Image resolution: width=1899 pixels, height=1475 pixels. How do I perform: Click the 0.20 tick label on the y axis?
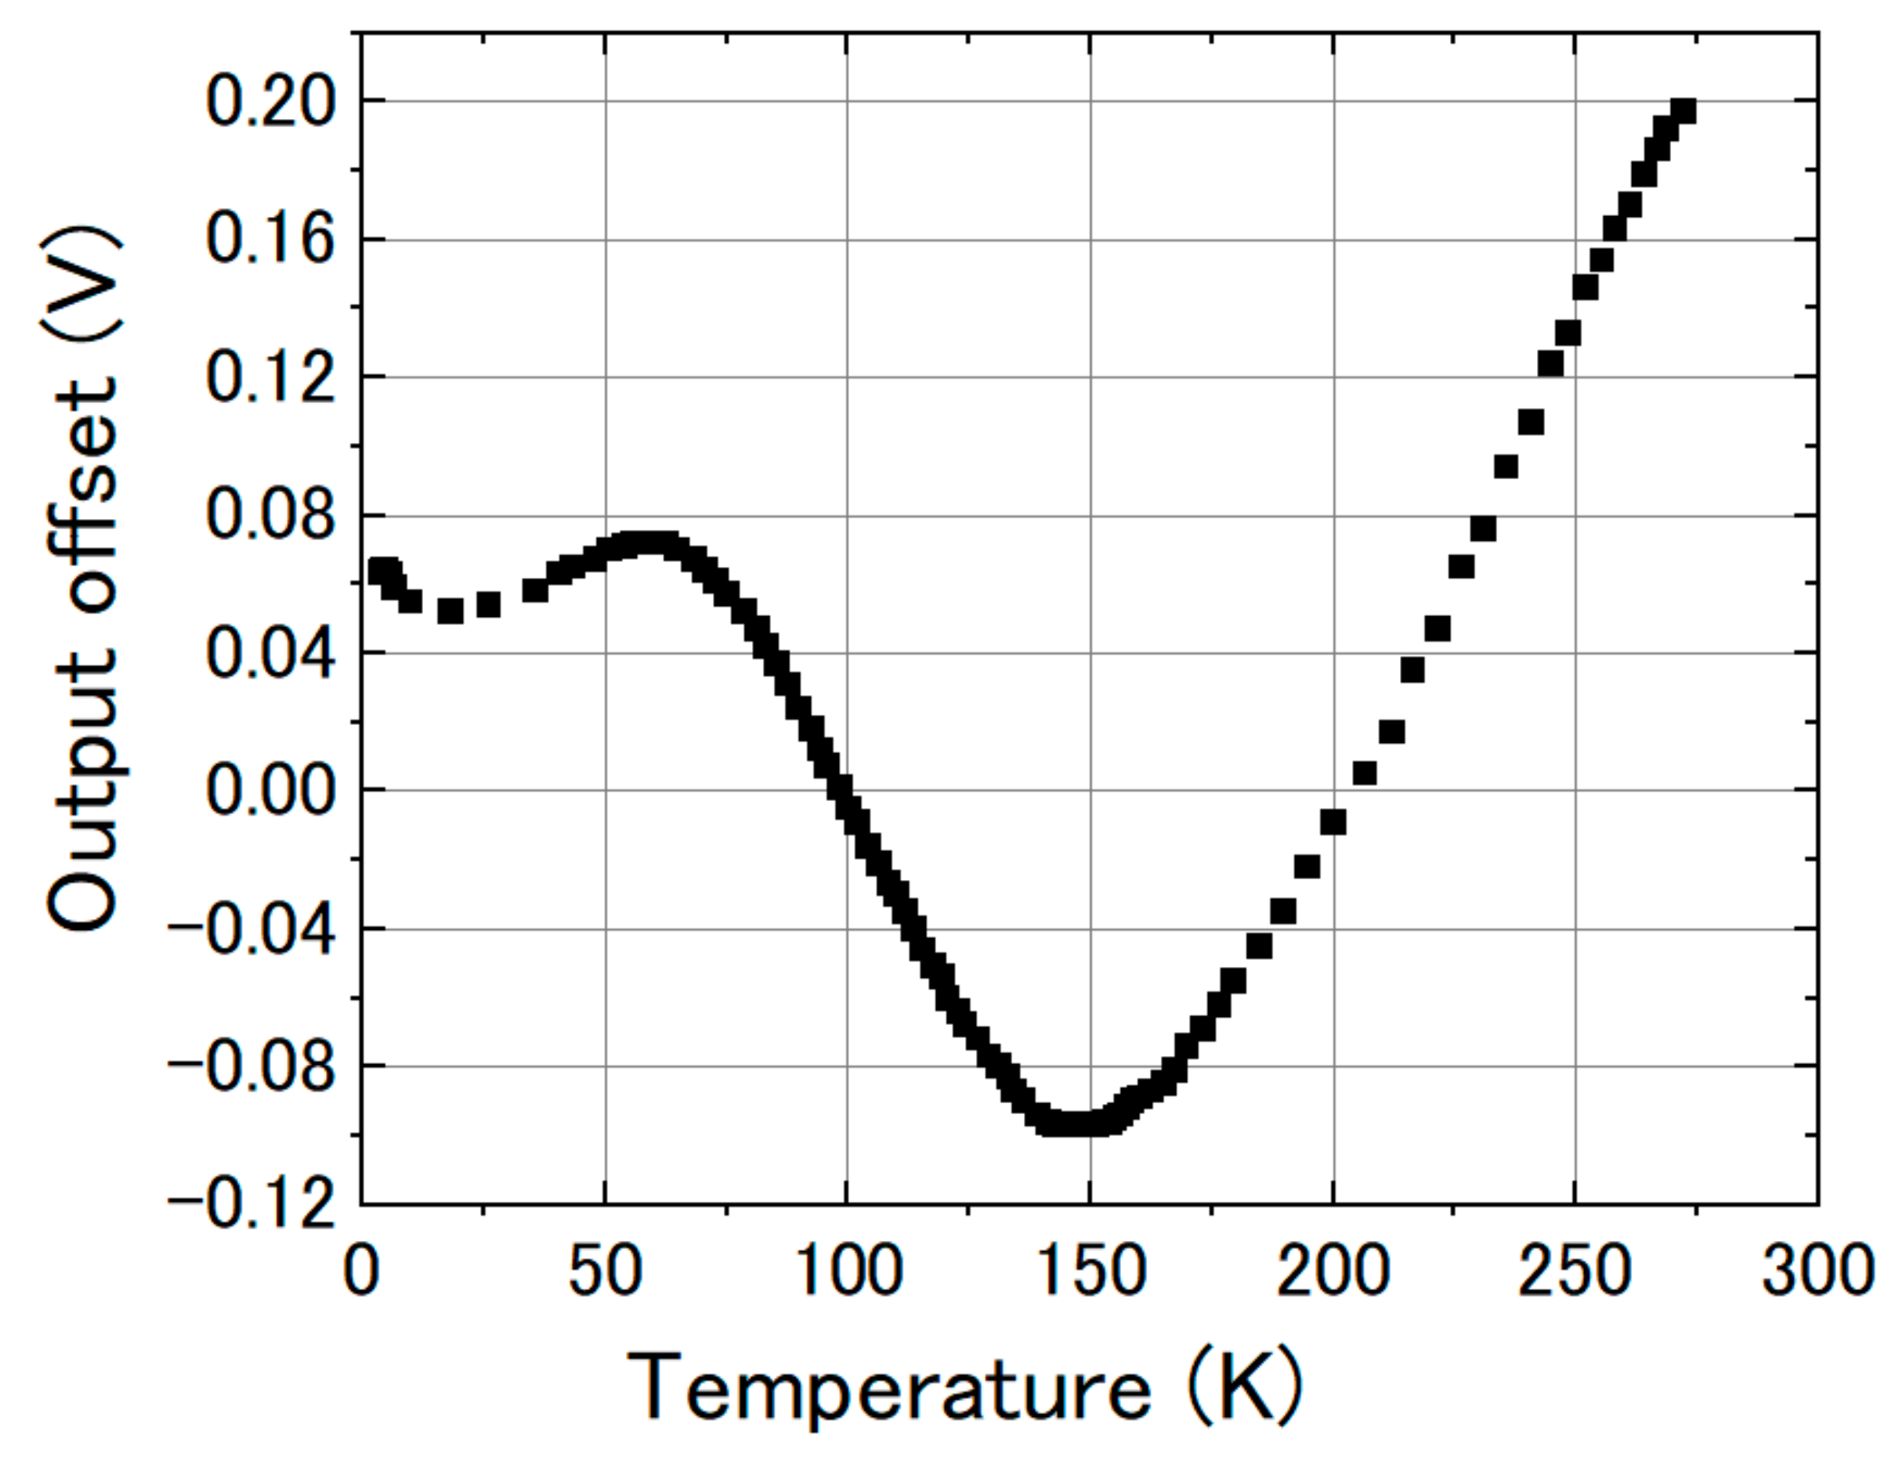(x=269, y=103)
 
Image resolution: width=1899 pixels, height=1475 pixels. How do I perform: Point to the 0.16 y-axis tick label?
(x=269, y=241)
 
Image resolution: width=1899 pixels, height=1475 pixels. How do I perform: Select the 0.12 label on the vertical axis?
(x=269, y=379)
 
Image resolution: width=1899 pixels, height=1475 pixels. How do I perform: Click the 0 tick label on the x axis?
(x=362, y=1271)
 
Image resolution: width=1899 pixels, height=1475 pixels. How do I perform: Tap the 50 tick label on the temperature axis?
(x=605, y=1271)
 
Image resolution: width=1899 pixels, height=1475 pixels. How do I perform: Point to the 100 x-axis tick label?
(x=848, y=1271)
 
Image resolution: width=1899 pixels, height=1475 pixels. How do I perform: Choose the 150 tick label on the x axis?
(x=1091, y=1271)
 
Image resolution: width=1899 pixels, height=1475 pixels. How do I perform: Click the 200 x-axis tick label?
(x=1333, y=1271)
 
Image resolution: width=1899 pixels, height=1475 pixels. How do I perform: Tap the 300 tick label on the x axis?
(x=1815, y=1271)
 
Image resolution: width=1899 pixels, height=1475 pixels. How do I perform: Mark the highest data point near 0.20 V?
(x=1684, y=111)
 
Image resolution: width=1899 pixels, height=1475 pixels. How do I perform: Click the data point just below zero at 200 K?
(x=1333, y=821)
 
